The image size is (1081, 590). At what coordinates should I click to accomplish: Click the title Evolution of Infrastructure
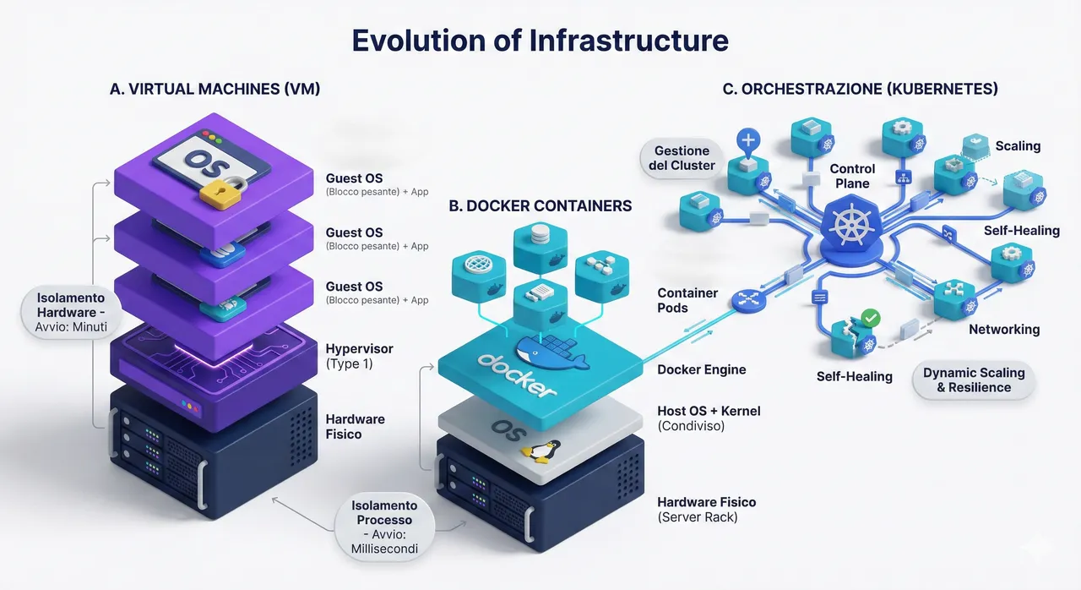pos(540,40)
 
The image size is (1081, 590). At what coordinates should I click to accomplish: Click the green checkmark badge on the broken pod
pos(870,318)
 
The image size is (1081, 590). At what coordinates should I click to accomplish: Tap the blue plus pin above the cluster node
pos(748,141)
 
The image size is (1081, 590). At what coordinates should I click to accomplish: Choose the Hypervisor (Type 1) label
pos(359,356)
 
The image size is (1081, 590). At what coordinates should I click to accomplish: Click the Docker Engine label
pos(701,369)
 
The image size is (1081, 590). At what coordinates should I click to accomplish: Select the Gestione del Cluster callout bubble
pos(682,158)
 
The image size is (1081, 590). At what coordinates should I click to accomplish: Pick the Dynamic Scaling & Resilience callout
pos(974,380)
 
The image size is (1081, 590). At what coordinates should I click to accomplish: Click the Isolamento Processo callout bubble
pos(384,527)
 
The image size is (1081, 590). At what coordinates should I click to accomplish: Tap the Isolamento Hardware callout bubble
pos(71,312)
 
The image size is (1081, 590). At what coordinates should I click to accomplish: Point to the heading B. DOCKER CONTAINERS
pos(540,205)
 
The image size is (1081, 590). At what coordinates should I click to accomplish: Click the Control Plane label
pos(852,176)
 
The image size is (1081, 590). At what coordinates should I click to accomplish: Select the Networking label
pos(1004,330)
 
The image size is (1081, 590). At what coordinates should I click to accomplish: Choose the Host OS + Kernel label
pos(709,418)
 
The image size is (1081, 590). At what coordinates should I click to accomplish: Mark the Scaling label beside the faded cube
pos(1018,146)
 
